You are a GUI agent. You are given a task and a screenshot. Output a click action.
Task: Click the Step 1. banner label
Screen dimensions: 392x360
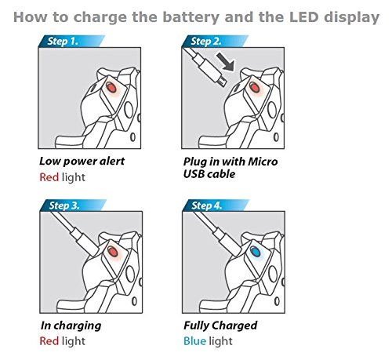click(63, 42)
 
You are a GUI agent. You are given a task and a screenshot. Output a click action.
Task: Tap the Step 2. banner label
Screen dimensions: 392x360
click(206, 42)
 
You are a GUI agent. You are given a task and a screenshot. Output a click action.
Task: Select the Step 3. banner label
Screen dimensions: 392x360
click(64, 205)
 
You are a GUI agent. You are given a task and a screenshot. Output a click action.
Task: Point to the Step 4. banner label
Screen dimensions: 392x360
click(207, 205)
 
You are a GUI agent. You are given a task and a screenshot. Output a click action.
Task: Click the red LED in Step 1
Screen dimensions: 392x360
click(111, 87)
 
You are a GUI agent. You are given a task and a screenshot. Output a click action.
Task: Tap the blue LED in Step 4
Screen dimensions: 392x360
click(254, 252)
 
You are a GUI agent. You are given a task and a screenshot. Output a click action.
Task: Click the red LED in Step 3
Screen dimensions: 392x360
click(112, 252)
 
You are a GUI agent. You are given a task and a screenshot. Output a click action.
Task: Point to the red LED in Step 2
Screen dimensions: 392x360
click(254, 87)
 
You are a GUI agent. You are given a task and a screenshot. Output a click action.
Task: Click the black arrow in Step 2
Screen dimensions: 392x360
click(225, 61)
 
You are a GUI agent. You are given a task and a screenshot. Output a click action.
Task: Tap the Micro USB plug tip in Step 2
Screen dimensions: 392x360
click(222, 81)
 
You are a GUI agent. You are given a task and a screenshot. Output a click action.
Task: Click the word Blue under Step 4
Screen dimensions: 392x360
click(194, 341)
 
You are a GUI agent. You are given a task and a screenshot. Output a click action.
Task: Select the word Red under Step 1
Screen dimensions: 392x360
click(49, 177)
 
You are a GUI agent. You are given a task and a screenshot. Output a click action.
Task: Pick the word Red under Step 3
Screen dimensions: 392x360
click(49, 341)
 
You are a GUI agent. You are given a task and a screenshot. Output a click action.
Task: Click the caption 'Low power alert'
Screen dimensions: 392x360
click(82, 161)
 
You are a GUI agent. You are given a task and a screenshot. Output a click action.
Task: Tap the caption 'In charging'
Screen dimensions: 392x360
click(71, 325)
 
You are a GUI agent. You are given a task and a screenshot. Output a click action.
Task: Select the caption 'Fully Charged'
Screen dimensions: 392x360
click(220, 325)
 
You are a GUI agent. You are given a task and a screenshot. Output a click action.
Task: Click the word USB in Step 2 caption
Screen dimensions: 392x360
click(194, 174)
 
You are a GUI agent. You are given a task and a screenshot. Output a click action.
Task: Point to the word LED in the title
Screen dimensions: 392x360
click(304, 17)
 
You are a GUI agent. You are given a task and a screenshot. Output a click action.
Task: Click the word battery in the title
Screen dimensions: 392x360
click(191, 18)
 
